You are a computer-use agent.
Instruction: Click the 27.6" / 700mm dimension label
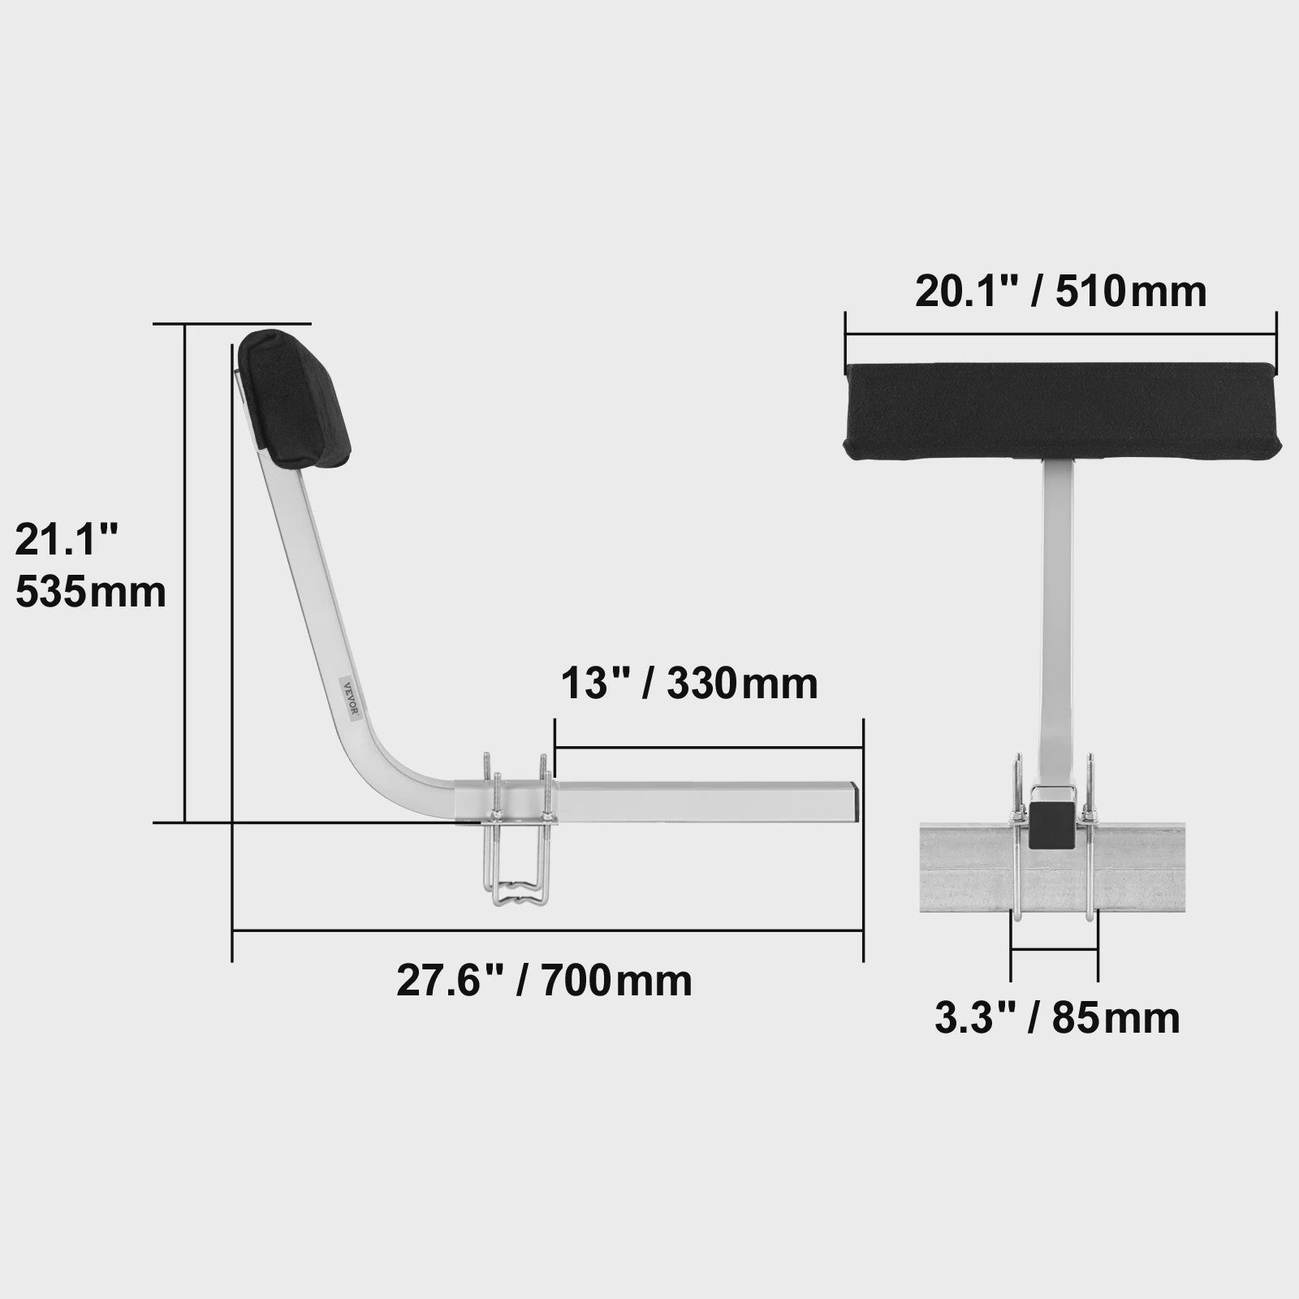[544, 980]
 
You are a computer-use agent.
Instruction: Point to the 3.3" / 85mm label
[1057, 1017]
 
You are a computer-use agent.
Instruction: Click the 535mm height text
[90, 592]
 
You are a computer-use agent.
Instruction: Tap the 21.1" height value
[67, 539]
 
